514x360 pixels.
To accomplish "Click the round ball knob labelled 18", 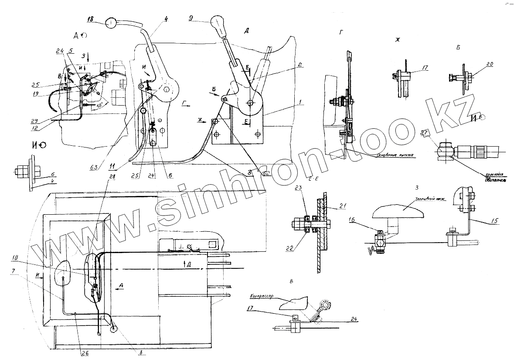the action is tap(112, 23).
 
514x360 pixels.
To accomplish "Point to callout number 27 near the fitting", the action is tap(424, 134).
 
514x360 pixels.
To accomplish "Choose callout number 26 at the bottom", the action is tap(85, 353).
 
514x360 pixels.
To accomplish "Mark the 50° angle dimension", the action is tap(100, 106).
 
